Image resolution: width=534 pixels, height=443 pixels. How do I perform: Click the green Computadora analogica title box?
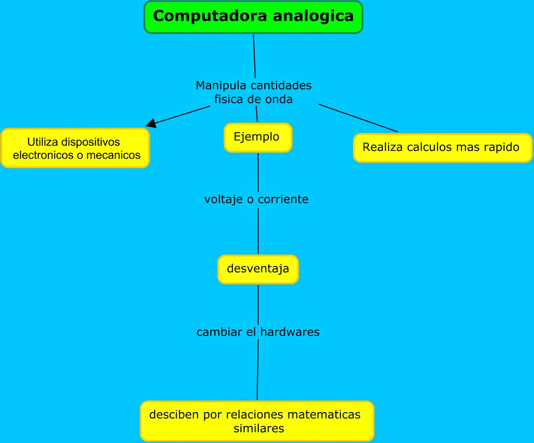point(253,17)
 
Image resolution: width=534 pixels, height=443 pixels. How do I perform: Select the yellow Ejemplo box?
point(258,137)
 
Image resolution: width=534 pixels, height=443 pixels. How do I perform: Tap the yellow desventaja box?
point(258,269)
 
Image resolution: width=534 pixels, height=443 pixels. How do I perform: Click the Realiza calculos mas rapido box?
point(443,148)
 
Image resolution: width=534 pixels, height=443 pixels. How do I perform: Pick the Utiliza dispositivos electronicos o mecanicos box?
point(75,148)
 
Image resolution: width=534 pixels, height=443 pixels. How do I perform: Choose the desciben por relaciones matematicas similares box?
point(257,421)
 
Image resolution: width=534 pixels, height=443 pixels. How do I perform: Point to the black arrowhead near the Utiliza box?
point(152,123)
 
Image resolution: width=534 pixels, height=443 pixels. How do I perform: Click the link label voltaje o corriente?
point(256,199)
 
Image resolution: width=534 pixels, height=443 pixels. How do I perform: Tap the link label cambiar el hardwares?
point(258,332)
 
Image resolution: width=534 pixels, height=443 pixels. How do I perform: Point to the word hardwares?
point(290,332)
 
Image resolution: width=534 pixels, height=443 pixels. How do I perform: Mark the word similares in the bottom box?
point(259,428)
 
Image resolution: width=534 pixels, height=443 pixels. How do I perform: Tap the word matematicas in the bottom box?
point(324,415)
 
